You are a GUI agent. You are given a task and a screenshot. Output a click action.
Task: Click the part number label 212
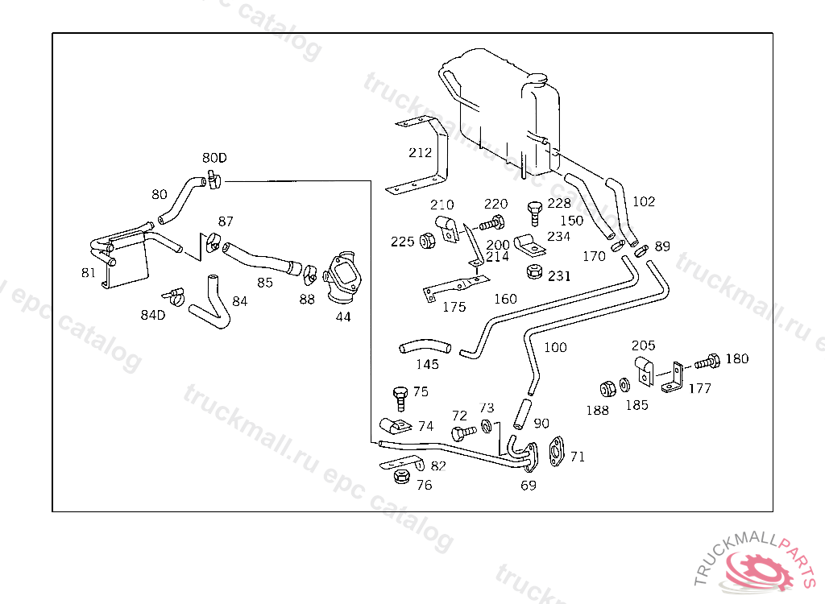click(x=420, y=152)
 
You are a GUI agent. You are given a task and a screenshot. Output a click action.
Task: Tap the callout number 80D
click(x=214, y=158)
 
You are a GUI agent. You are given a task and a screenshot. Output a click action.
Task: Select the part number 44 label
click(x=343, y=316)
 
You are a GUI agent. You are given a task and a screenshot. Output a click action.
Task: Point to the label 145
click(x=427, y=364)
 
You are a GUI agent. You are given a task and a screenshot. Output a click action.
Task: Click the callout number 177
click(x=700, y=388)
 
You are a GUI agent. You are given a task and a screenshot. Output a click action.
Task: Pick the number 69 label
click(x=529, y=486)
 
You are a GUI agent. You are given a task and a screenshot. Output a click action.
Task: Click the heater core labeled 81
click(x=120, y=257)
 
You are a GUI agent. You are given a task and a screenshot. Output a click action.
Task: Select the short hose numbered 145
click(x=425, y=346)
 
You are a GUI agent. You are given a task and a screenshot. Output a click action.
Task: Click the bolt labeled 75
click(x=400, y=399)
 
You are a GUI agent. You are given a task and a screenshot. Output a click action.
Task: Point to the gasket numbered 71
click(x=556, y=452)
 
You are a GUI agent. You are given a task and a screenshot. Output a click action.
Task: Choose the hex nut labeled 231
click(x=535, y=272)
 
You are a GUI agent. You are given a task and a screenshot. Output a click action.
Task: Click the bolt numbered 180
click(x=707, y=362)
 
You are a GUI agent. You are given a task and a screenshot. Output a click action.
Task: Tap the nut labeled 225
click(x=427, y=241)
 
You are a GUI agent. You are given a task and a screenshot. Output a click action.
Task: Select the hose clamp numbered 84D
click(x=174, y=296)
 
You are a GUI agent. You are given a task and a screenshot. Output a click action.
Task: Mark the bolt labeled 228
click(x=535, y=213)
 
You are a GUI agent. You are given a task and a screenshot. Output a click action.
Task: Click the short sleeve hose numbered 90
click(x=522, y=414)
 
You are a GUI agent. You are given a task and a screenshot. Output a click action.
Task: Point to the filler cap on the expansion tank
click(x=537, y=79)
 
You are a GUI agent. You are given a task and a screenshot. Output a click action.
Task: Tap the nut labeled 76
click(x=402, y=477)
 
